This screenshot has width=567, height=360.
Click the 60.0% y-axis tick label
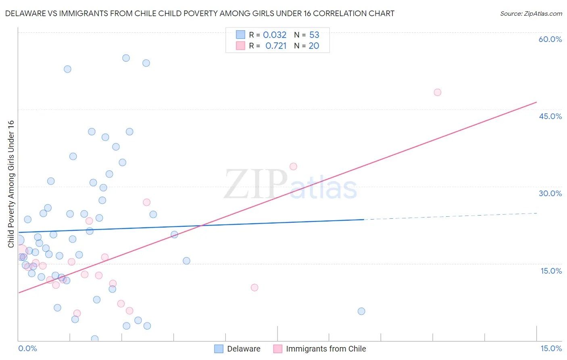pyautogui.click(x=550, y=39)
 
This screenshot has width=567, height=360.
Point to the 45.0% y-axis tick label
pyautogui.click(x=550, y=116)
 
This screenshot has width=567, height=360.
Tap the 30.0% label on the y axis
pyautogui.click(x=550, y=193)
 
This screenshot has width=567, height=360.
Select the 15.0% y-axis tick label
pyautogui.click(x=551, y=271)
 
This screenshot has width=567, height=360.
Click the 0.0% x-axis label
pyautogui.click(x=27, y=348)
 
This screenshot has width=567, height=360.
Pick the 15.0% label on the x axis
pyautogui.click(x=551, y=348)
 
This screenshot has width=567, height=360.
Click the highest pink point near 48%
pyautogui.click(x=438, y=92)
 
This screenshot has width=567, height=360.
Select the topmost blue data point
pyautogui.click(x=126, y=58)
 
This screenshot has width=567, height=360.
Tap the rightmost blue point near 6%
pyautogui.click(x=361, y=311)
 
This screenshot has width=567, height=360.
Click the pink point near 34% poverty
pyautogui.click(x=293, y=167)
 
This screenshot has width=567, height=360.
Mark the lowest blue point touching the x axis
pyautogui.click(x=95, y=339)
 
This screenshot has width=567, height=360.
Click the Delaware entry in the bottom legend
pyautogui.click(x=244, y=349)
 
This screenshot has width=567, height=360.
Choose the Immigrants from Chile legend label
pyautogui.click(x=326, y=349)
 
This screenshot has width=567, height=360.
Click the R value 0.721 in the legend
pyautogui.click(x=276, y=46)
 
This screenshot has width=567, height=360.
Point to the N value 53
pyautogui.click(x=314, y=35)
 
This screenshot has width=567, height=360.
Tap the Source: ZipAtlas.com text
pyautogui.click(x=531, y=13)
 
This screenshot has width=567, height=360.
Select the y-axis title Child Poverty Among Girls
pyautogui.click(x=11, y=184)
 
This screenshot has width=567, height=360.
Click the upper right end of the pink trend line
pyautogui.click(x=536, y=103)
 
